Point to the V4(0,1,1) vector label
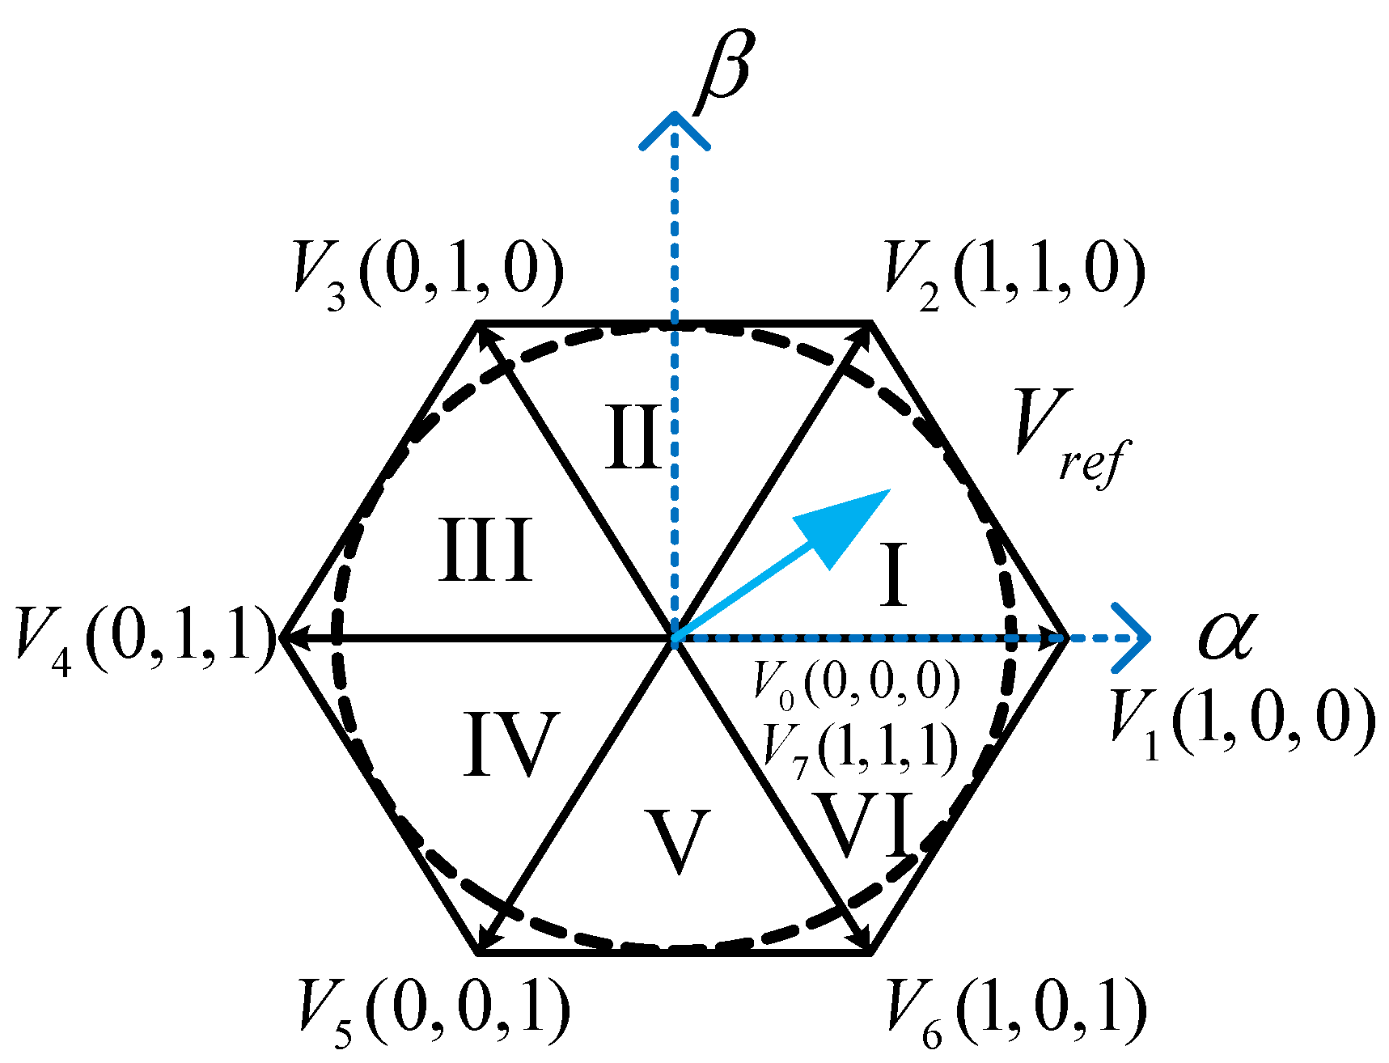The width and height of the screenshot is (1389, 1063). pos(146,639)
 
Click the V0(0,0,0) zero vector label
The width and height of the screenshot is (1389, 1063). pos(856,681)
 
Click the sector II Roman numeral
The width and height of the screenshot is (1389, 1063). pos(633,438)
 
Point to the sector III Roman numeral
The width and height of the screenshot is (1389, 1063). pos(485,550)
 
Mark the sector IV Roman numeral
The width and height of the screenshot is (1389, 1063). pos(511,744)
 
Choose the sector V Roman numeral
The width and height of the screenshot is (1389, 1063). pos(677,841)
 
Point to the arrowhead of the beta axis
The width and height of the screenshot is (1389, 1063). pos(675,129)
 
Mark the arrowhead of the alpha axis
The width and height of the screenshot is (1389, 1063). pos(1133,638)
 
